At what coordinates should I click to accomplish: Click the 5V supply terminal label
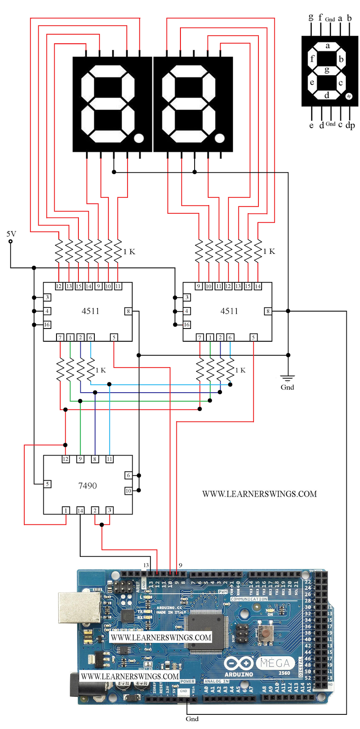[11, 234]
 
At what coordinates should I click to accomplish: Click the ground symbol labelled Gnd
[287, 378]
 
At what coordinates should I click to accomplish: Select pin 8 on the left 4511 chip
[128, 311]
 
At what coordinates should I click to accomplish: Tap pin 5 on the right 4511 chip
[253, 337]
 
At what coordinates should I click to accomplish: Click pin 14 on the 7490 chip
[80, 510]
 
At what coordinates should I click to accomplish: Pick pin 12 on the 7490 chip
[66, 459]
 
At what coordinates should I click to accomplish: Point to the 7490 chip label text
[87, 486]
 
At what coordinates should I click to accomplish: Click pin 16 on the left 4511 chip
[47, 325]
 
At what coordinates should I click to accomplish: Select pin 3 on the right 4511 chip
[187, 297]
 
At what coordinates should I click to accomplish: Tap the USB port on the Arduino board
[79, 607]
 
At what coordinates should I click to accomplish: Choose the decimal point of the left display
[139, 138]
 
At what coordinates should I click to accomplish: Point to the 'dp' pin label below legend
[350, 125]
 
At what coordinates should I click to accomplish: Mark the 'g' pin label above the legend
[311, 17]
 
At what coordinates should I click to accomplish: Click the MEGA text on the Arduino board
[276, 663]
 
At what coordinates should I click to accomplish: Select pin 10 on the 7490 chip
[128, 491]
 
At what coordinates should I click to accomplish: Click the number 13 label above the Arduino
[146, 565]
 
